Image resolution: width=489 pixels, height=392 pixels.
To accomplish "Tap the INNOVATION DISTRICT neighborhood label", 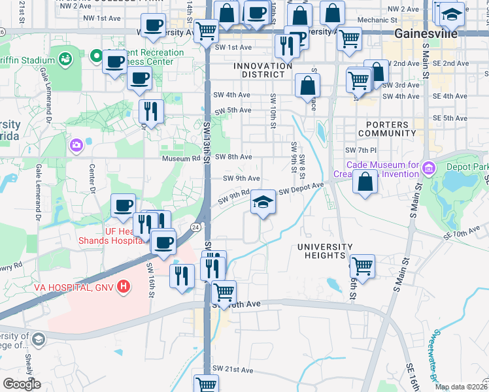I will (x=263, y=70).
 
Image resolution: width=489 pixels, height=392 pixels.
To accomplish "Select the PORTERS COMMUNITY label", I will (x=373, y=129).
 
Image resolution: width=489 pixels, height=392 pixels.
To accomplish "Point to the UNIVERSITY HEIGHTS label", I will (x=324, y=251).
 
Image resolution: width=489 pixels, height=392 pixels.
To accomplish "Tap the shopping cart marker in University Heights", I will (x=362, y=266).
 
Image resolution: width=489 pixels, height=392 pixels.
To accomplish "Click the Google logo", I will (x=21, y=384).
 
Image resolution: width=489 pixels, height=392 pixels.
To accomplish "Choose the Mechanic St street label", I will (x=373, y=20).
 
